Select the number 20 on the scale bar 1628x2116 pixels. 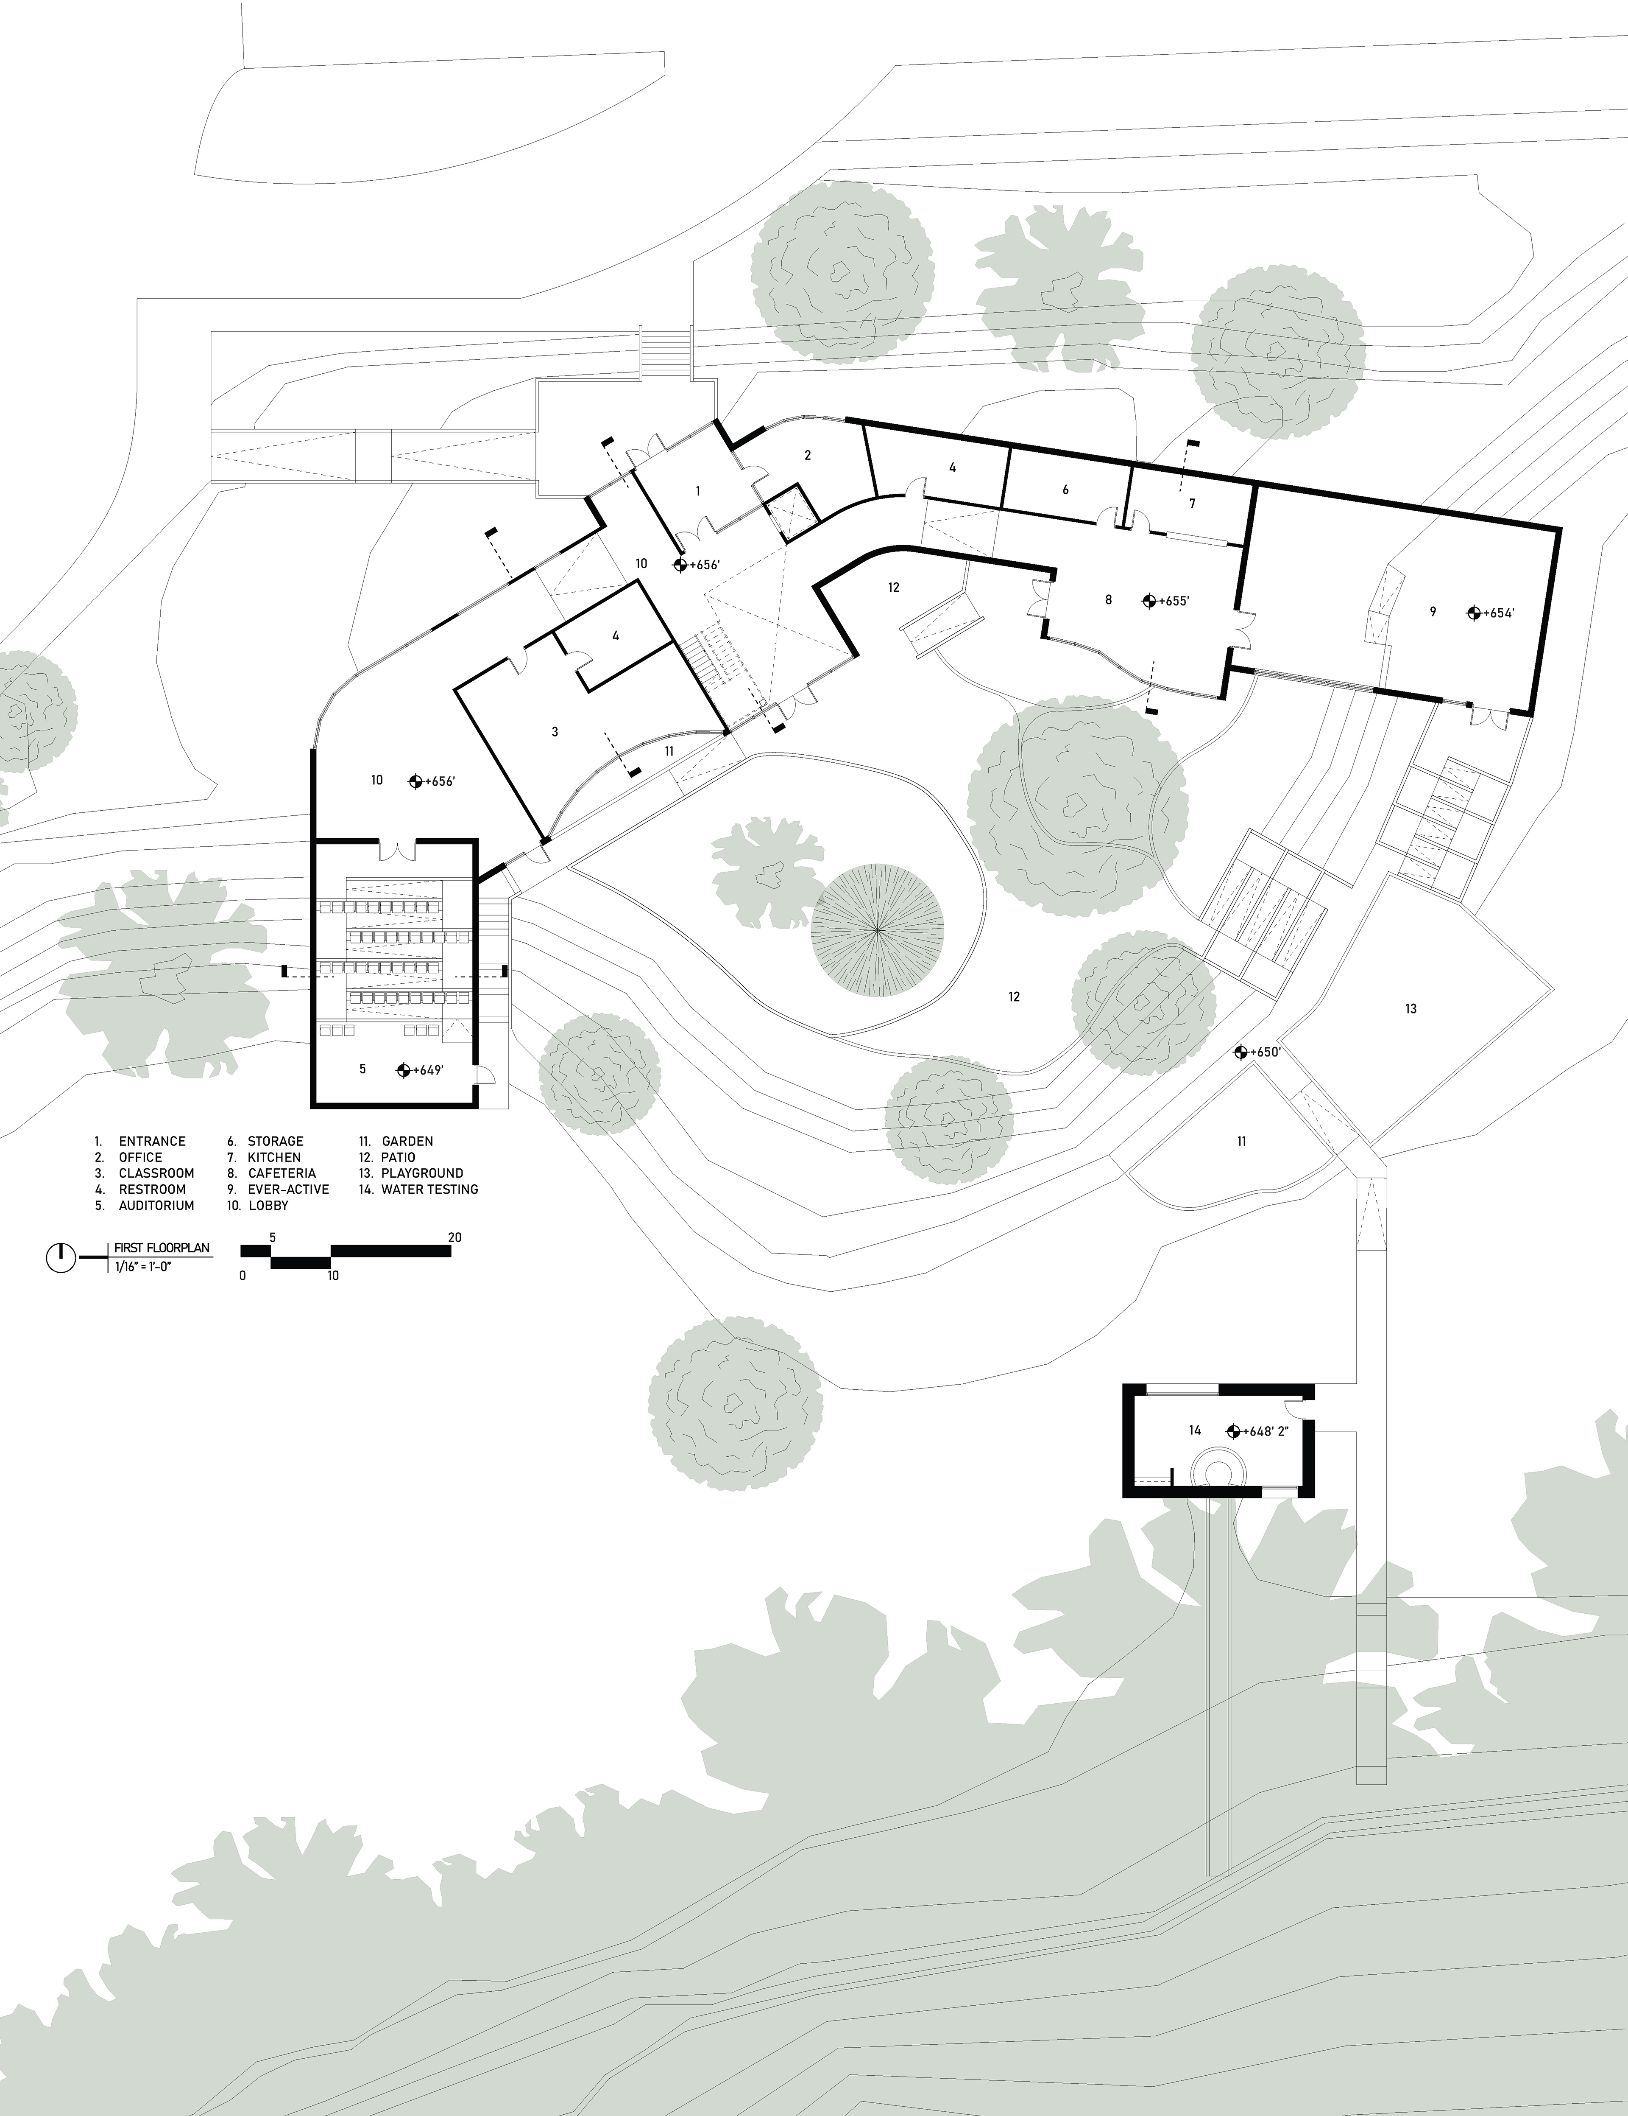tap(454, 1237)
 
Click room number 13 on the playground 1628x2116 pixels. tap(1411, 1009)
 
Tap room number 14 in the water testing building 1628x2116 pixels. tap(1195, 1430)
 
